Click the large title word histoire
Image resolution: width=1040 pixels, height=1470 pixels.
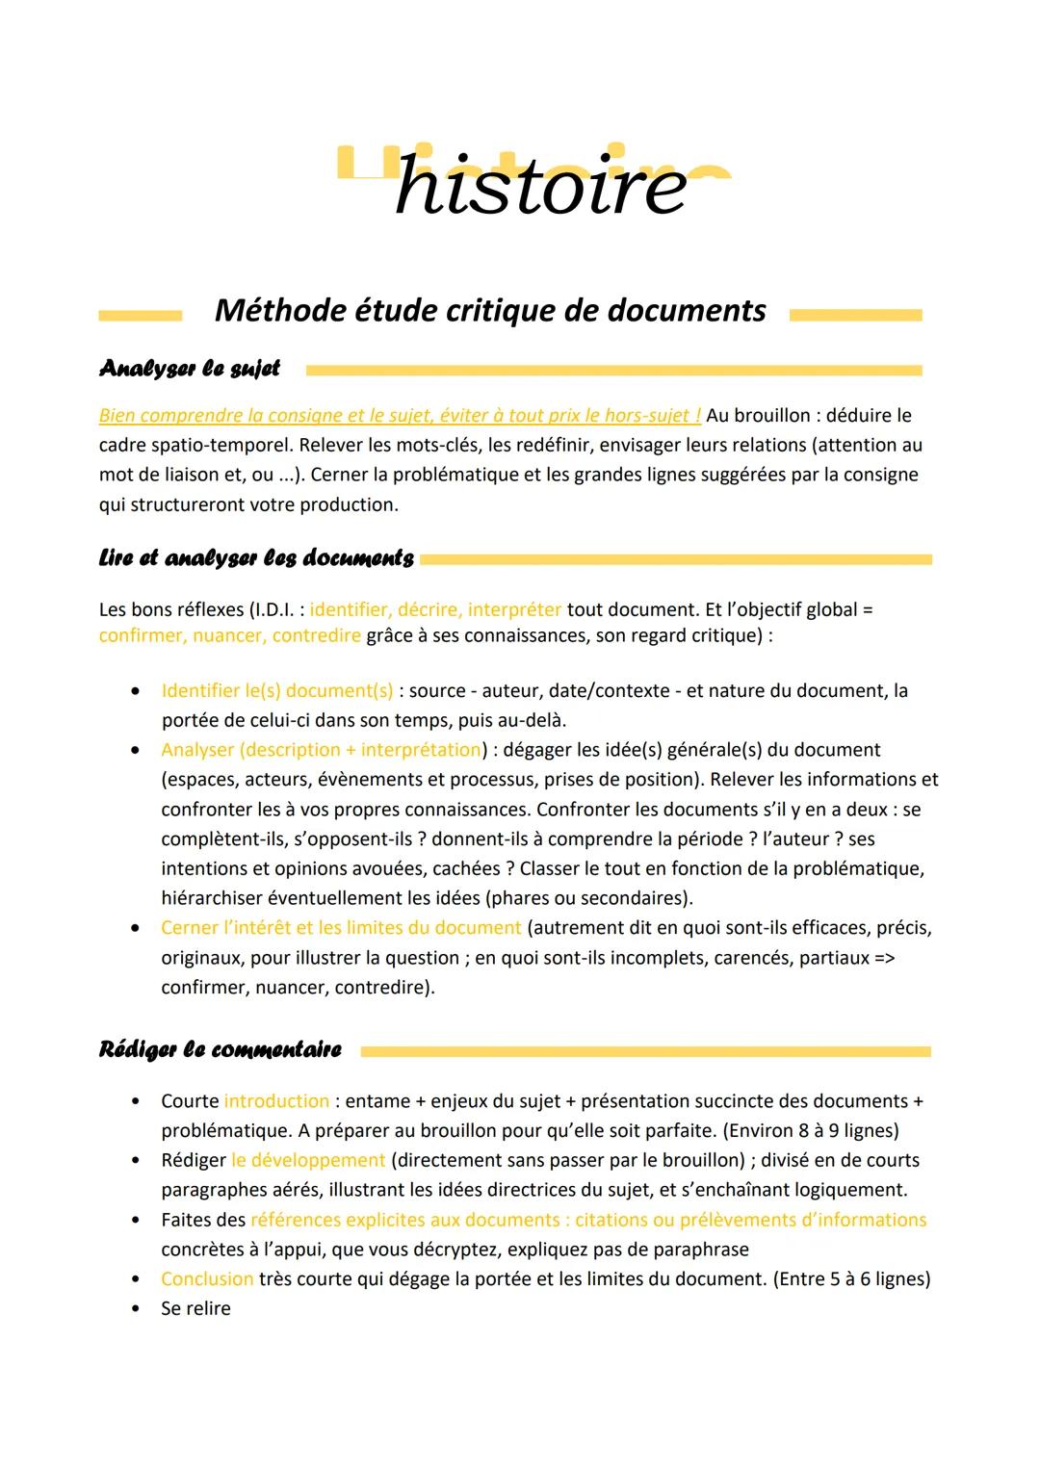pyautogui.click(x=540, y=185)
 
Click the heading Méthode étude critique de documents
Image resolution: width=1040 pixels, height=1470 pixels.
pyautogui.click(x=490, y=310)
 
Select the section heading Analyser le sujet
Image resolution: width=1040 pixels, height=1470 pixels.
pyautogui.click(x=189, y=369)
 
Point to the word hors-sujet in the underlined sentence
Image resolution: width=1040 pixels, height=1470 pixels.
pyautogui.click(x=647, y=416)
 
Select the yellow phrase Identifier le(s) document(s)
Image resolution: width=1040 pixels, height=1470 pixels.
pyautogui.click(x=277, y=691)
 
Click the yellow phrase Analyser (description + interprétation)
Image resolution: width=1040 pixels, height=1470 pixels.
pyautogui.click(x=322, y=750)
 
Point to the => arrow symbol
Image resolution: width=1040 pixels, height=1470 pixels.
pyautogui.click(x=884, y=958)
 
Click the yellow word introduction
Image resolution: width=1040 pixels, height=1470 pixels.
pyautogui.click(x=276, y=1101)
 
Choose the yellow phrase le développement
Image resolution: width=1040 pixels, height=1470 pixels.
pyautogui.click(x=308, y=1161)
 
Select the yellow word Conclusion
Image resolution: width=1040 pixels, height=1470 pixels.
pyautogui.click(x=207, y=1279)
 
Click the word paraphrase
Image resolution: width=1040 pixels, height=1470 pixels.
pyautogui.click(x=701, y=1250)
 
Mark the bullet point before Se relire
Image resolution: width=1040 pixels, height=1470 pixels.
pyautogui.click(x=137, y=1309)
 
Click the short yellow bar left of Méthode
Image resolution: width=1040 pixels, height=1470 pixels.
pyautogui.click(x=140, y=316)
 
